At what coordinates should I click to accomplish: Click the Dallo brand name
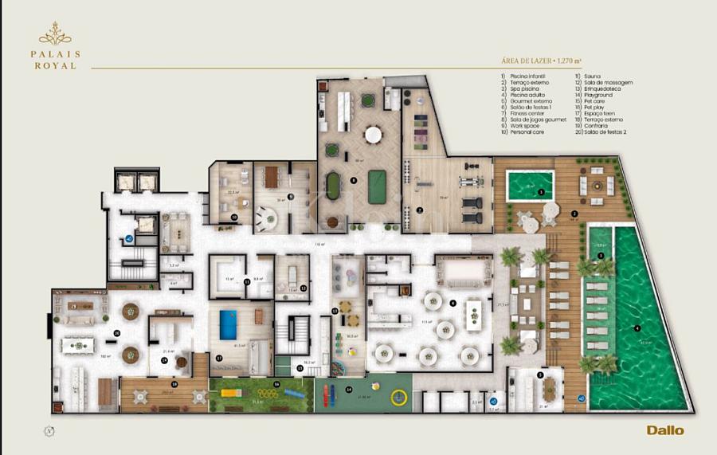(664, 430)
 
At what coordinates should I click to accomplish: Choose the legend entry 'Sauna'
(593, 76)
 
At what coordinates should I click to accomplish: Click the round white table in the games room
(373, 135)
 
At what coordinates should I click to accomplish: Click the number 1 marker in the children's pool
(542, 192)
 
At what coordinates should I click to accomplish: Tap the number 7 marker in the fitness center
(420, 210)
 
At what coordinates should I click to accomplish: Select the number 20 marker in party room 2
(116, 333)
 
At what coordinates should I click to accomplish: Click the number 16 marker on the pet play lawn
(276, 385)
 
